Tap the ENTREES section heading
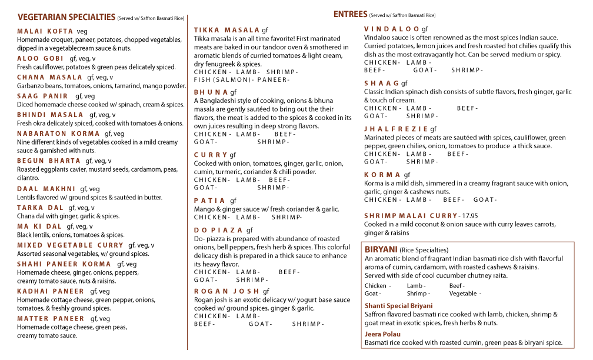350,14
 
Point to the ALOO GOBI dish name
40,59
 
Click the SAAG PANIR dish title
42,96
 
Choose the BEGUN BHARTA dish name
49,161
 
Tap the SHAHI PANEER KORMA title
64,264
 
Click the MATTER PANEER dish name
51,319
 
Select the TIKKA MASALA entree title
226,30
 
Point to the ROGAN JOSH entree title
226,291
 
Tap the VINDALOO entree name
392,29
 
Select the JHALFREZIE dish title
396,129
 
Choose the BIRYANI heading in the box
381,249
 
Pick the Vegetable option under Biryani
464,294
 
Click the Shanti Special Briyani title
398,306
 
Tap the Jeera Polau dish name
382,334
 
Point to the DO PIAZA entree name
218,230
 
